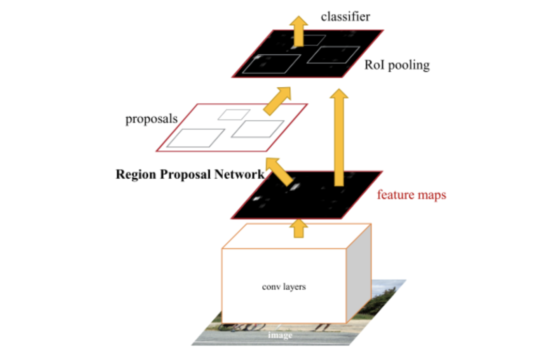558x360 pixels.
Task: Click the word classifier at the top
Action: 346,17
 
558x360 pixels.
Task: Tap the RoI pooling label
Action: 397,66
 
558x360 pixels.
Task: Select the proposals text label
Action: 151,119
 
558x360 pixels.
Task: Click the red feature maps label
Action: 411,195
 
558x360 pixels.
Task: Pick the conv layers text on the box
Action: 284,287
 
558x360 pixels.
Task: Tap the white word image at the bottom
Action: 280,335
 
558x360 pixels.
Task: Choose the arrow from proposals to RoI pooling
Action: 278,100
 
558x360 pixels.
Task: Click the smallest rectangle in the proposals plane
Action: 234,114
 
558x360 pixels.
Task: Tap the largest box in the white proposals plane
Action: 195,138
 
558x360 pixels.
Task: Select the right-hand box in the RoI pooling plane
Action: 332,55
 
